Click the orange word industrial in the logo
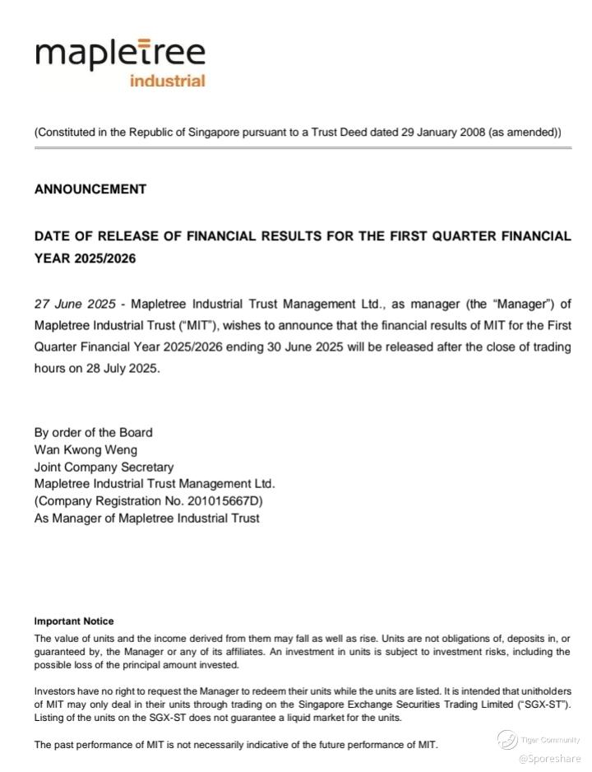[x=167, y=81]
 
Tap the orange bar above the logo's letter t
[x=144, y=40]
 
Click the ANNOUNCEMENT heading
[x=90, y=189]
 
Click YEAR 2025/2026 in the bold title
[x=86, y=258]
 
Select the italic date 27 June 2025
[x=75, y=304]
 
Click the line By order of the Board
[x=93, y=432]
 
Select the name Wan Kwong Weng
[x=86, y=449]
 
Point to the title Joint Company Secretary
[x=104, y=467]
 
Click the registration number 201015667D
[x=223, y=501]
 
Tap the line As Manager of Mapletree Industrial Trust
[x=146, y=519]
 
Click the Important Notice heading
[x=74, y=621]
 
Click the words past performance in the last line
[x=87, y=745]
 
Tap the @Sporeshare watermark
[x=549, y=759]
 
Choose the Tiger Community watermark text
[x=550, y=740]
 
